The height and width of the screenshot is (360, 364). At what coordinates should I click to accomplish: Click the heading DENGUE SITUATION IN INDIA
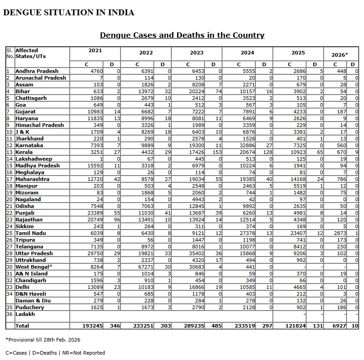click(x=69, y=13)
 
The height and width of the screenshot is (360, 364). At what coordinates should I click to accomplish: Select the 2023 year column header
click(x=197, y=53)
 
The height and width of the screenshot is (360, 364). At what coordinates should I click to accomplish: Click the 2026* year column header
click(x=340, y=55)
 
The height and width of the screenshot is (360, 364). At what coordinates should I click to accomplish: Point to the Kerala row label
click(x=24, y=152)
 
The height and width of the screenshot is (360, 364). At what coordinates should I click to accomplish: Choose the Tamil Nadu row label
click(x=31, y=233)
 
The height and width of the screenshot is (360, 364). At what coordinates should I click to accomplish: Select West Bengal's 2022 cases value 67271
click(x=146, y=267)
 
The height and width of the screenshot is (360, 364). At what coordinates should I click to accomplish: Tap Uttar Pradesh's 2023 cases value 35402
click(x=196, y=253)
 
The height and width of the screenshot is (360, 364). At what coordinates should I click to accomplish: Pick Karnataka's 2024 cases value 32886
click(x=247, y=145)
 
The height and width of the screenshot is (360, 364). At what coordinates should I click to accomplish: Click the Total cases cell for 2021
click(x=93, y=326)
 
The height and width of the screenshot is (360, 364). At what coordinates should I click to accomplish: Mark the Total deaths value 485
click(x=216, y=326)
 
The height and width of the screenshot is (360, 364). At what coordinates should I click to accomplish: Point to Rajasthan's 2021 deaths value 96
click(x=117, y=220)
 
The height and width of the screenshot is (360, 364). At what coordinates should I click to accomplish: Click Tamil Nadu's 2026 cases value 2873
click(x=340, y=233)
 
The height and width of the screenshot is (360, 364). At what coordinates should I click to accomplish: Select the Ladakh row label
click(x=25, y=314)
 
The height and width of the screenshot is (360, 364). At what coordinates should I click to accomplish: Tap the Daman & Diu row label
click(x=33, y=301)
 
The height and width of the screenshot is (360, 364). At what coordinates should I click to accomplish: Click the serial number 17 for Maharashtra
click(x=9, y=179)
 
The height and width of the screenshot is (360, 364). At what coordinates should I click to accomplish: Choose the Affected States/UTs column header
click(x=31, y=54)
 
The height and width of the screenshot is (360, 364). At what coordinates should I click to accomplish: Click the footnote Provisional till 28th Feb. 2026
click(x=43, y=340)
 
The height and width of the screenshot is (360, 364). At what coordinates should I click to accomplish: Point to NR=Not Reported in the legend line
click(x=84, y=353)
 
